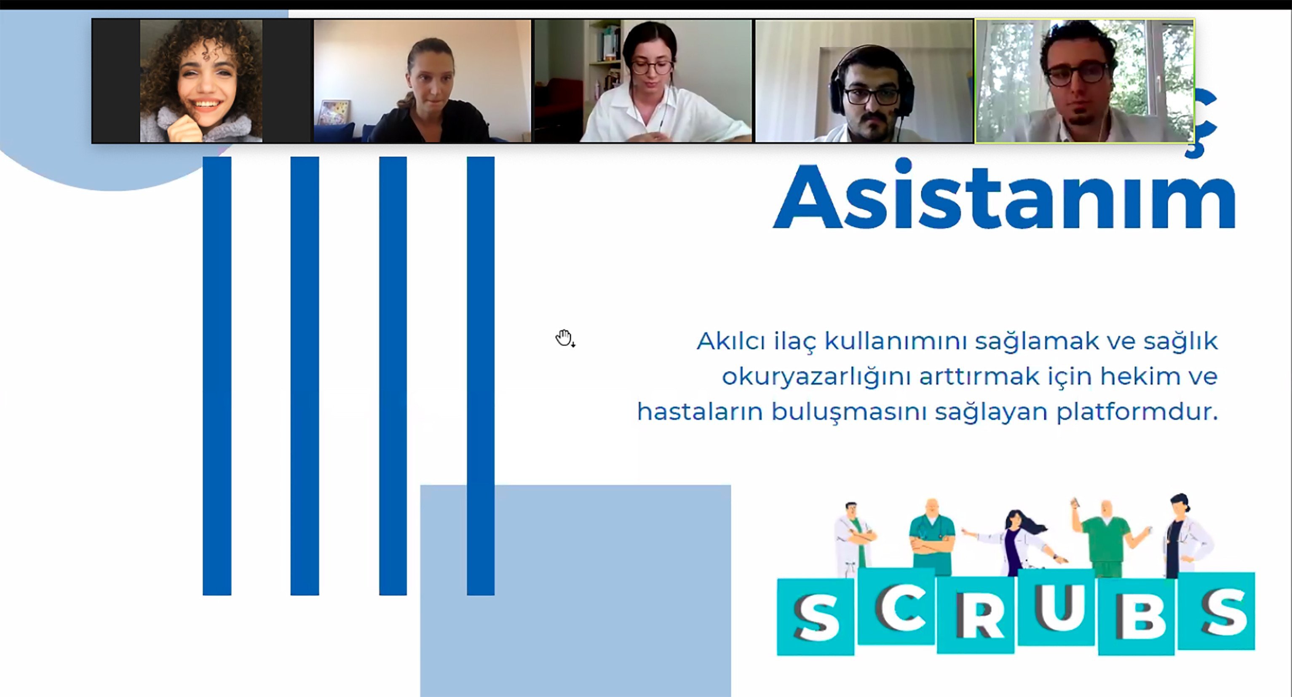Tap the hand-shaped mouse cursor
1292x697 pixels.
564,338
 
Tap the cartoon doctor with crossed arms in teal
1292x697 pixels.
932,537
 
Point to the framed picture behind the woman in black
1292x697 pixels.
333,113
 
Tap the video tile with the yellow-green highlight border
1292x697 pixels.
1084,81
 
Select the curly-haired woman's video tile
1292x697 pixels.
202,81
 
